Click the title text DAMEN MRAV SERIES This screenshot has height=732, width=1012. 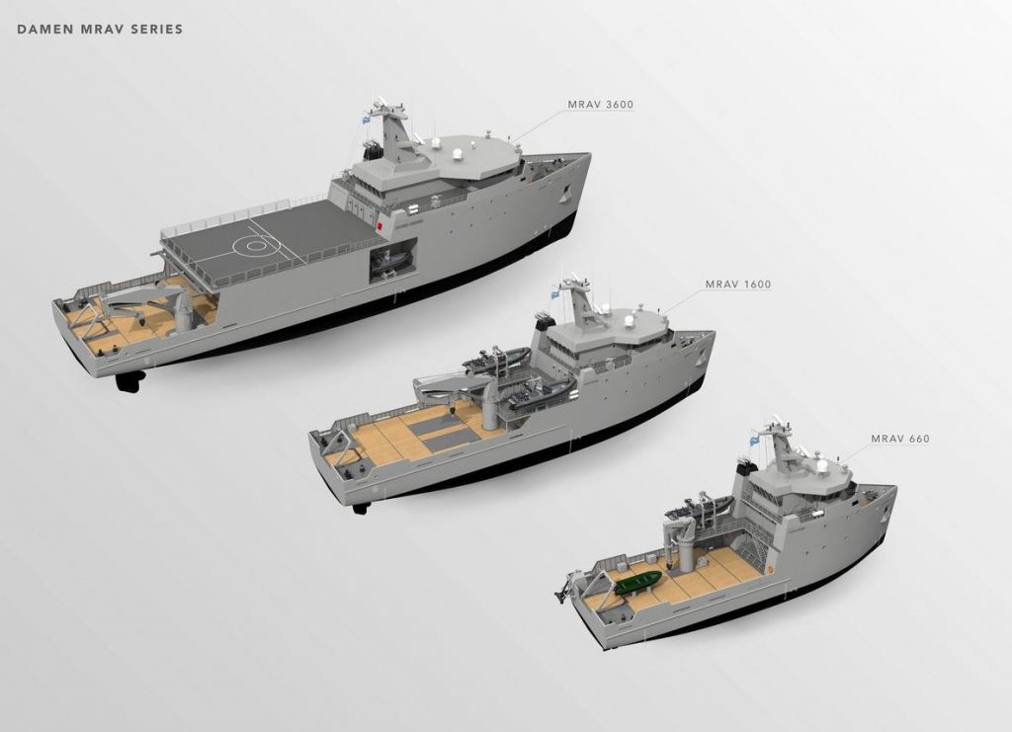(x=100, y=29)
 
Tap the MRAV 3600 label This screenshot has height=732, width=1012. (x=600, y=104)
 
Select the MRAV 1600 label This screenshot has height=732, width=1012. (x=737, y=285)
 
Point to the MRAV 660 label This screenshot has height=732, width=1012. (x=899, y=439)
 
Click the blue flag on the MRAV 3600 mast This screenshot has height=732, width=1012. (x=365, y=118)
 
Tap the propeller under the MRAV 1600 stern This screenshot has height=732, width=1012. (x=361, y=508)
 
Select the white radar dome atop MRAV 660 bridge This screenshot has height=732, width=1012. (x=819, y=462)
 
